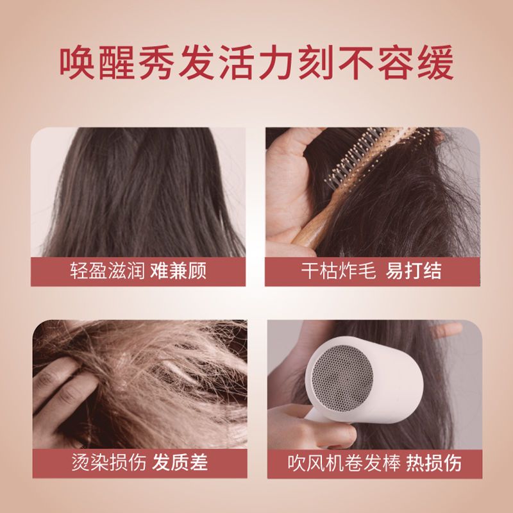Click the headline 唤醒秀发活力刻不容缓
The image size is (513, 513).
(x=256, y=62)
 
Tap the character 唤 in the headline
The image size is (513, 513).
(x=77, y=62)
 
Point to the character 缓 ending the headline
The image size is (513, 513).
(x=435, y=62)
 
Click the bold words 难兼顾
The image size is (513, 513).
(x=178, y=271)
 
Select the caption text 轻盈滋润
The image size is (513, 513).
(x=107, y=271)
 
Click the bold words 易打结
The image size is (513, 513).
(x=414, y=271)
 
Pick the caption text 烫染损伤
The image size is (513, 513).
(x=108, y=462)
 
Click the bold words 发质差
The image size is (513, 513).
(x=180, y=462)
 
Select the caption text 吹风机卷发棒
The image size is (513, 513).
(x=344, y=463)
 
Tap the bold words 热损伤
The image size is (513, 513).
(x=434, y=463)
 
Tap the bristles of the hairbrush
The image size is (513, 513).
(x=370, y=154)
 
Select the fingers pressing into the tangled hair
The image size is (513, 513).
(x=62, y=396)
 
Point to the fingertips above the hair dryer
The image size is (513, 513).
(x=446, y=330)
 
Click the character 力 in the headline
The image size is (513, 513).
(x=276, y=62)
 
